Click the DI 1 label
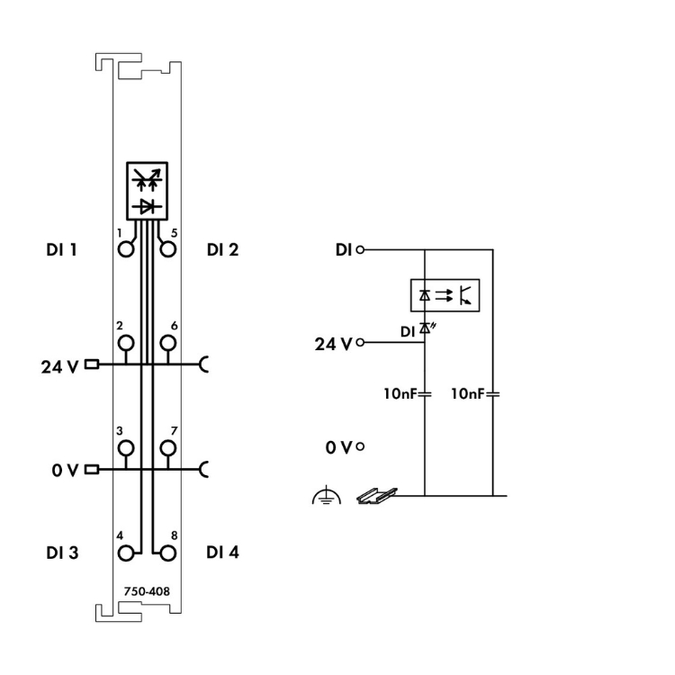(61, 249)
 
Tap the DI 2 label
(222, 249)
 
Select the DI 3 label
(61, 553)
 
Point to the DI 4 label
(222, 553)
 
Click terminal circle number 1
(126, 247)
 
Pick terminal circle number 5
(166, 247)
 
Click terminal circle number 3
(126, 447)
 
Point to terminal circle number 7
(166, 447)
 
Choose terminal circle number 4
(126, 551)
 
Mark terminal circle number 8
(166, 551)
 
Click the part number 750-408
(146, 591)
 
